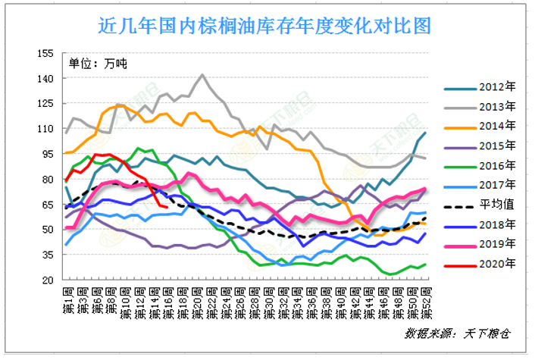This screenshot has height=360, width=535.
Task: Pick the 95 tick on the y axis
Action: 48,154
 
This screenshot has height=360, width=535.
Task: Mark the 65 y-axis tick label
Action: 48,205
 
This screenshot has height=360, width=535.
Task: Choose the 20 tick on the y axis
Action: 48,280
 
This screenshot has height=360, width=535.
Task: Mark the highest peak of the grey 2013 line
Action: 202,75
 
